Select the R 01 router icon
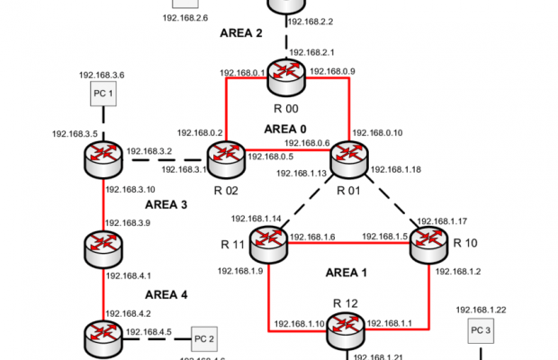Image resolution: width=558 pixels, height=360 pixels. pos(349,159)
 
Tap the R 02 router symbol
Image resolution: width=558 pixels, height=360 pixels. pos(225,159)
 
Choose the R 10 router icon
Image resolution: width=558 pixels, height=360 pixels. pos(429,238)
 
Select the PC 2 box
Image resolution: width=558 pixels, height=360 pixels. pos(204,338)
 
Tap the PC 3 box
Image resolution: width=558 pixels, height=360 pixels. pos(481,331)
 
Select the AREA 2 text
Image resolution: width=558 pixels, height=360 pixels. pos(240,33)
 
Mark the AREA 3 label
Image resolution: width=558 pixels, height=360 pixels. pos(166,204)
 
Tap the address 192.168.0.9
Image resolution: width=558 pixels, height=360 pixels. pos(332,72)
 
